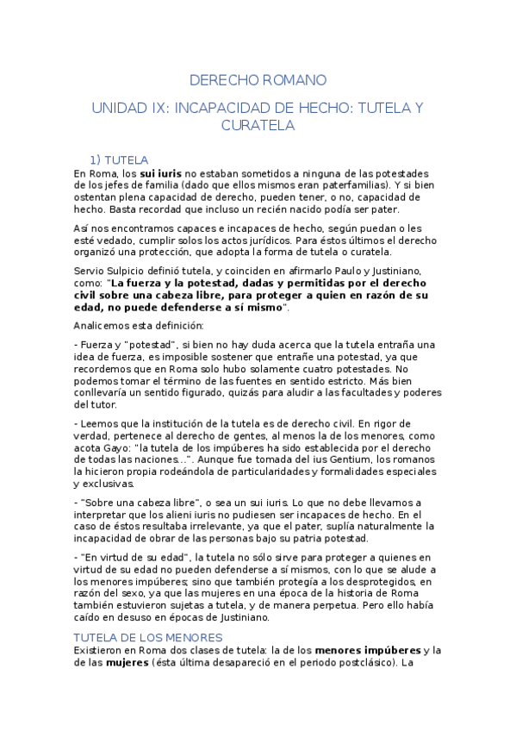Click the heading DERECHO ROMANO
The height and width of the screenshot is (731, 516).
pos(258,80)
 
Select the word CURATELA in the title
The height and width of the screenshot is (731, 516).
pos(258,126)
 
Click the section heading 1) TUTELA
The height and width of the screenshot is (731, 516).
pos(119,159)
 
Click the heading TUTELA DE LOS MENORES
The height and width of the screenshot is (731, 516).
pos(149,637)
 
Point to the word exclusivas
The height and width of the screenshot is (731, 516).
pos(103,484)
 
